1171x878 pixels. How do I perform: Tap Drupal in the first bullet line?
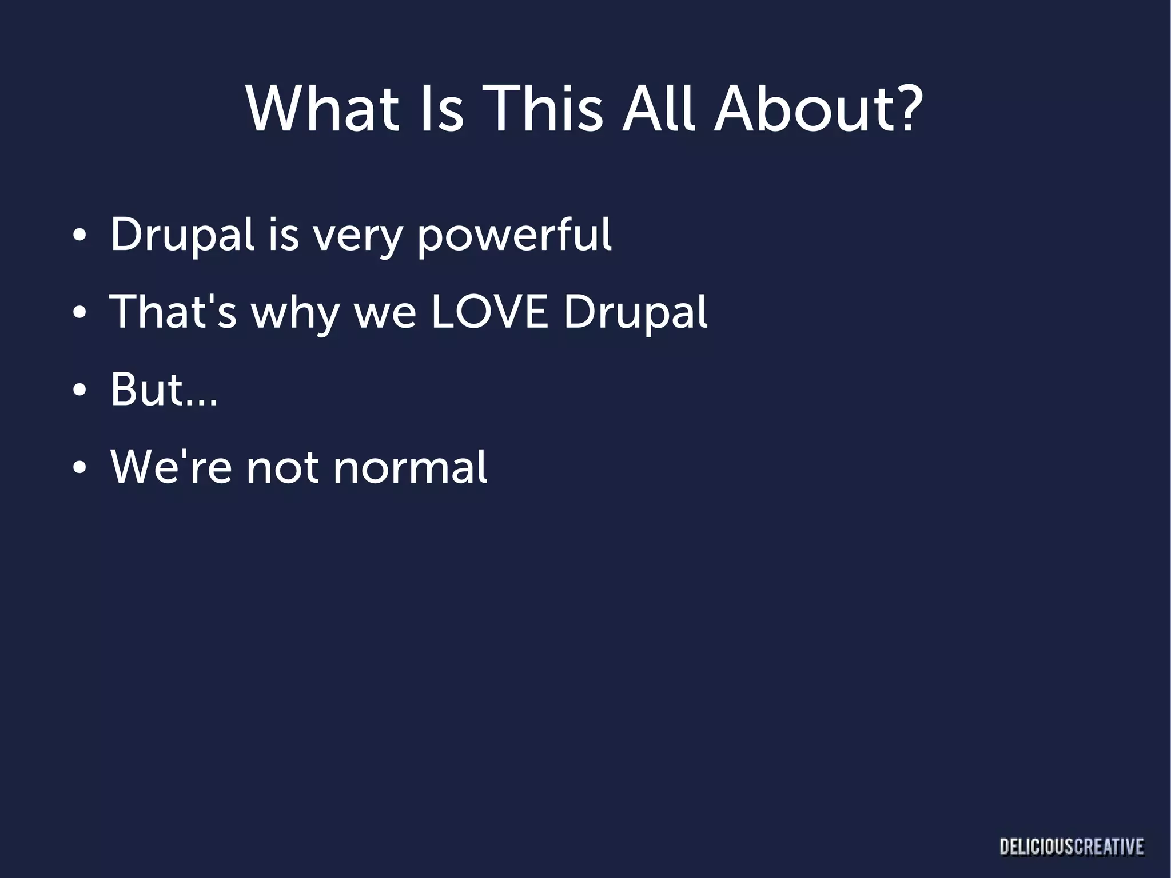[x=182, y=235]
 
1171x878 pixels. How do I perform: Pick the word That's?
[x=173, y=312]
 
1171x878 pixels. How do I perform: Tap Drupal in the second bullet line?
[x=635, y=313]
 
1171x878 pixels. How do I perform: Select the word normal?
[x=410, y=467]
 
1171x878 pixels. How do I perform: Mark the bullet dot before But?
[x=79, y=391]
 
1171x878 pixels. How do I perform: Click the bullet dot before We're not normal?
[x=79, y=468]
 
